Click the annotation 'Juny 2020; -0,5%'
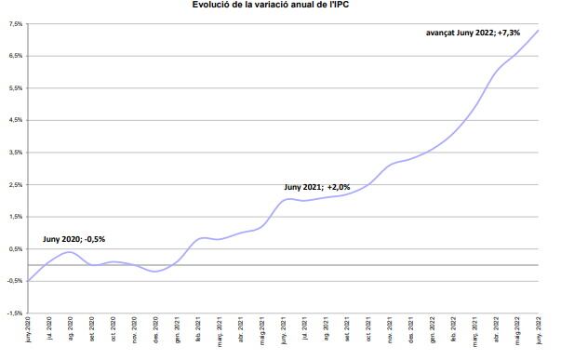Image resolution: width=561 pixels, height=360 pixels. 73,239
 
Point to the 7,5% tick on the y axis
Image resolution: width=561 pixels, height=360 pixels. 15,24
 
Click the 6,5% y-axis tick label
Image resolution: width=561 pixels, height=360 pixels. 15,56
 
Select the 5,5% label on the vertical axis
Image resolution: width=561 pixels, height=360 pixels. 15,88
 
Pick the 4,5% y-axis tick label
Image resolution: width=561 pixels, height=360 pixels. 15,120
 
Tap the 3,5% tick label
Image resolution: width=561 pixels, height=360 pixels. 15,153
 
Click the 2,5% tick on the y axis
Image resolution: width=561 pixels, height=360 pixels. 15,185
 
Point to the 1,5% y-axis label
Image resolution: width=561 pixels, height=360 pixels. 15,217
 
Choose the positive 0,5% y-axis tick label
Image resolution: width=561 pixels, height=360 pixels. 15,249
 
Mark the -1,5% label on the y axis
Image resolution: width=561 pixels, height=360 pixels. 14,313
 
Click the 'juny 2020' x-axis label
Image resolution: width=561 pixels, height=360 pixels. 29,330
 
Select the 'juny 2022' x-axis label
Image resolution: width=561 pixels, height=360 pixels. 540,330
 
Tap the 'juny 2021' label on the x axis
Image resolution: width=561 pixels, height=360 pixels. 285,330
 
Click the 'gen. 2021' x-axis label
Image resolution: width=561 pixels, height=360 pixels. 178,330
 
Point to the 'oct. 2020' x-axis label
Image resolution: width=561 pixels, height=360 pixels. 114,330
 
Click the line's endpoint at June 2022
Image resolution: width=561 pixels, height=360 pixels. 539,31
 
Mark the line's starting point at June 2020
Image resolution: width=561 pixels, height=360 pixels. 29,281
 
